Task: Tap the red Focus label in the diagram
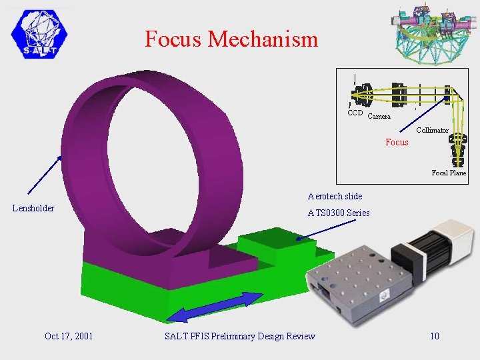point(397,142)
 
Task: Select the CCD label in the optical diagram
point(355,113)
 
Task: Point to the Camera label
point(379,117)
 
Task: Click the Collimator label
point(432,130)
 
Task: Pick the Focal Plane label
point(448,173)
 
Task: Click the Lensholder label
point(34,209)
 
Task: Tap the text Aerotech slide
point(335,196)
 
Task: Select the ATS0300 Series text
point(338,213)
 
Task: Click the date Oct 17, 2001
point(68,336)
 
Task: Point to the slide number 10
point(434,336)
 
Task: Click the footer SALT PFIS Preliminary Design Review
point(239,336)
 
